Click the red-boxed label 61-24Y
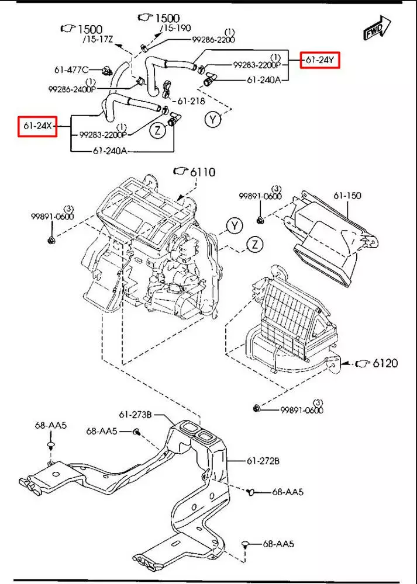point(320,60)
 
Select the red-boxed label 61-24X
point(37,126)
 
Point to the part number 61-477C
point(72,69)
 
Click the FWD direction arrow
point(374,29)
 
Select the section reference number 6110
point(202,172)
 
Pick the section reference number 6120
point(384,364)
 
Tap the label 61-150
point(349,196)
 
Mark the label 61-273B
point(135,415)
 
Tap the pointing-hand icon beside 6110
point(180,171)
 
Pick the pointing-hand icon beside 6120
point(363,364)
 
